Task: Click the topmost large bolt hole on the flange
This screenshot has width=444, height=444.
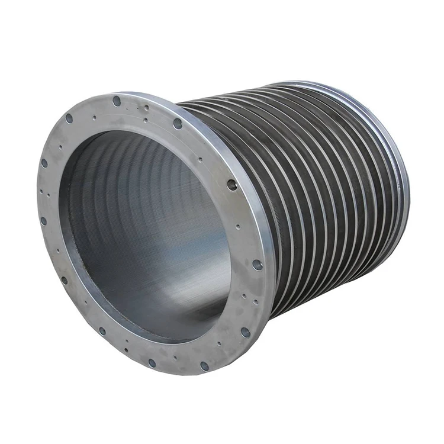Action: pyautogui.click(x=117, y=101)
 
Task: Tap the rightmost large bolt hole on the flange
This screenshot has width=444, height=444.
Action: pyautogui.click(x=258, y=265)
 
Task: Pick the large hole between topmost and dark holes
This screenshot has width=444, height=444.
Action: pyautogui.click(x=178, y=123)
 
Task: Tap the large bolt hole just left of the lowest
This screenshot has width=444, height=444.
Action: pyautogui.click(x=152, y=362)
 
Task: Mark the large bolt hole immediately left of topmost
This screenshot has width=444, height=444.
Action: pyautogui.click(x=69, y=118)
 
